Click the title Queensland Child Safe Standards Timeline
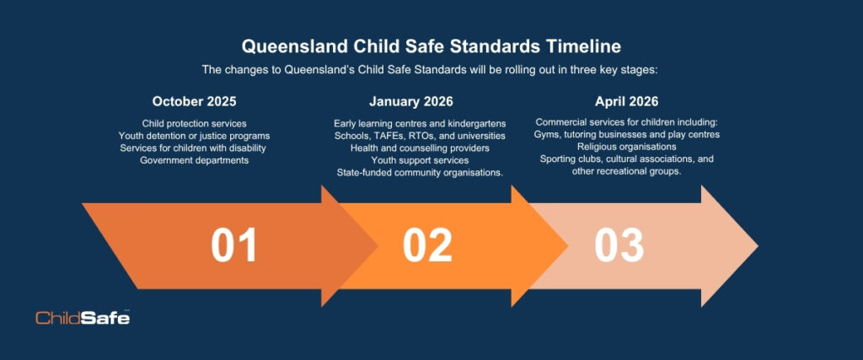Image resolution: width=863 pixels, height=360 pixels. (431, 46)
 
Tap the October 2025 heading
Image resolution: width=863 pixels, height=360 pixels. (195, 101)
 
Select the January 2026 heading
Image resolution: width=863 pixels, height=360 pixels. (411, 101)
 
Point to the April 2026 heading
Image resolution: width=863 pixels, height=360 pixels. (626, 101)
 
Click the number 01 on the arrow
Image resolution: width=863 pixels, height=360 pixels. (234, 245)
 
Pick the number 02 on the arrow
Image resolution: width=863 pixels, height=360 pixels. (427, 245)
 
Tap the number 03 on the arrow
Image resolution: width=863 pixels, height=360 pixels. (619, 245)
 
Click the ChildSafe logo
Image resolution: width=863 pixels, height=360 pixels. (83, 317)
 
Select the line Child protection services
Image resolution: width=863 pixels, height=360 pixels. (195, 123)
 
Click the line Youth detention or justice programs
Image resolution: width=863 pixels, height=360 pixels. (195, 136)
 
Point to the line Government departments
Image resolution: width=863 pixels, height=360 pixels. (195, 160)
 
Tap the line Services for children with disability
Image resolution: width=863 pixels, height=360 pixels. (195, 148)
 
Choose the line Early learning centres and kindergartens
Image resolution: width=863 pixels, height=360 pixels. (420, 123)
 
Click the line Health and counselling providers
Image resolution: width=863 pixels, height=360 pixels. (420, 148)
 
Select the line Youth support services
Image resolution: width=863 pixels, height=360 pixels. (420, 160)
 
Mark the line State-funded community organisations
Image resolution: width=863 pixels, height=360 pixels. (420, 172)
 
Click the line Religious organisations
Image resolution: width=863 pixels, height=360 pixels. (627, 147)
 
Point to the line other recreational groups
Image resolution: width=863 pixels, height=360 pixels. (627, 171)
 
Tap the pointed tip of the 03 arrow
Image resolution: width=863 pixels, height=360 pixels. (758, 246)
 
